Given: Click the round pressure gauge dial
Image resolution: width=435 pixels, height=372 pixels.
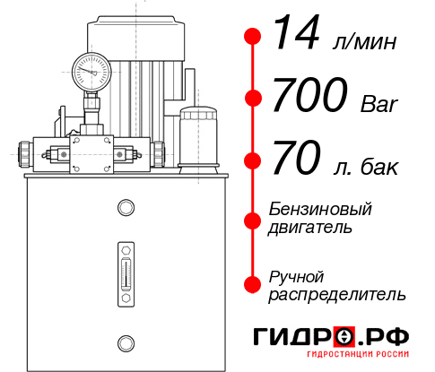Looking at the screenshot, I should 90,69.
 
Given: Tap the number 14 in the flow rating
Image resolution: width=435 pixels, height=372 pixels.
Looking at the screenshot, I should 297,35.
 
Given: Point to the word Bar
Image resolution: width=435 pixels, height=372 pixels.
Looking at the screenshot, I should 377,103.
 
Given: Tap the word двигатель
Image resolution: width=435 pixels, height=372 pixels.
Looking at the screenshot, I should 310,228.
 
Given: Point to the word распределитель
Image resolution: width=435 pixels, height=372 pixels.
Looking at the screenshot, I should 337,294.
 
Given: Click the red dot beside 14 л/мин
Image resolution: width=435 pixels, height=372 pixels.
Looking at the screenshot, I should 253,36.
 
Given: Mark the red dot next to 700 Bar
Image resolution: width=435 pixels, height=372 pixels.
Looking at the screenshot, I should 253,99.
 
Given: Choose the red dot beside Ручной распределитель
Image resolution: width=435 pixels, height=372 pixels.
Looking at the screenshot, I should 253,284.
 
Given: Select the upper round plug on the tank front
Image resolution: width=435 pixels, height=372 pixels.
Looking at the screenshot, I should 125,208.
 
